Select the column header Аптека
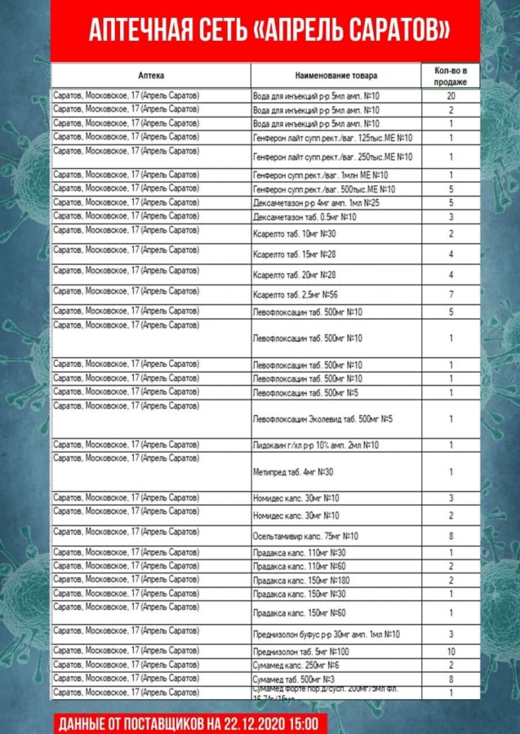click(152, 76)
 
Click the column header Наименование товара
click(336, 76)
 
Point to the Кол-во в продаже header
click(451, 75)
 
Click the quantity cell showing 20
click(451, 96)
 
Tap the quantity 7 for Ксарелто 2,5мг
click(451, 294)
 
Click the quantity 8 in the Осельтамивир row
click(451, 536)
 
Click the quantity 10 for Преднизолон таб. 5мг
click(451, 652)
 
